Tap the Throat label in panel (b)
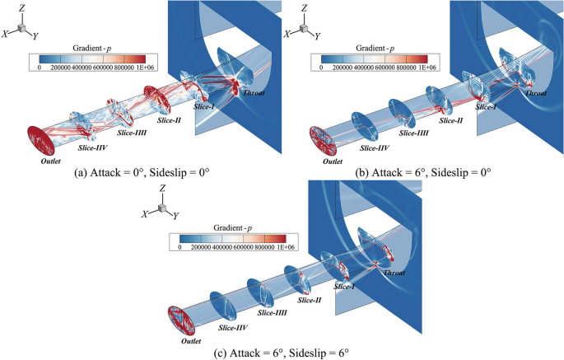536,94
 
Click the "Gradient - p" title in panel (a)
90,49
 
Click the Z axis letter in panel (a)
24,7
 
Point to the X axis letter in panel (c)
145,213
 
